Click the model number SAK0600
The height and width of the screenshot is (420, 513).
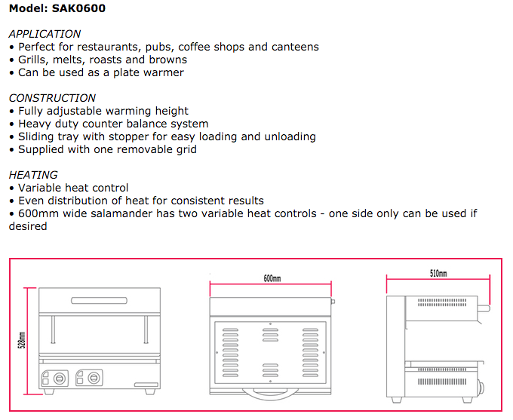78,8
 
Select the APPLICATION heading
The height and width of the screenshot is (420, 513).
45,34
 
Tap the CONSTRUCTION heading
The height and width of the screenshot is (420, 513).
52,98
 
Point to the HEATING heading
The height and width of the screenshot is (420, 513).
33,175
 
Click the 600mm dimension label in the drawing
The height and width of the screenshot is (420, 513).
272,278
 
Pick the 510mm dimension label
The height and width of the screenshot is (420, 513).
438,274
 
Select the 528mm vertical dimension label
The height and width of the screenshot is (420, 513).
22,340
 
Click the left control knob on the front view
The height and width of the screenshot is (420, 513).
60,379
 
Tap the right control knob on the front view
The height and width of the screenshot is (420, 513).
94,378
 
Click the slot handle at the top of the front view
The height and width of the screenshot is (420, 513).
99,301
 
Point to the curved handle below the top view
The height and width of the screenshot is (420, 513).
270,394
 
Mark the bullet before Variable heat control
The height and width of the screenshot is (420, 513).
12,188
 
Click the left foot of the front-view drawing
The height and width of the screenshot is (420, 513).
49,391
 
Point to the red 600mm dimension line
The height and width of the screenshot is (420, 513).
271,284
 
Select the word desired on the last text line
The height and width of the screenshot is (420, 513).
28,226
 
